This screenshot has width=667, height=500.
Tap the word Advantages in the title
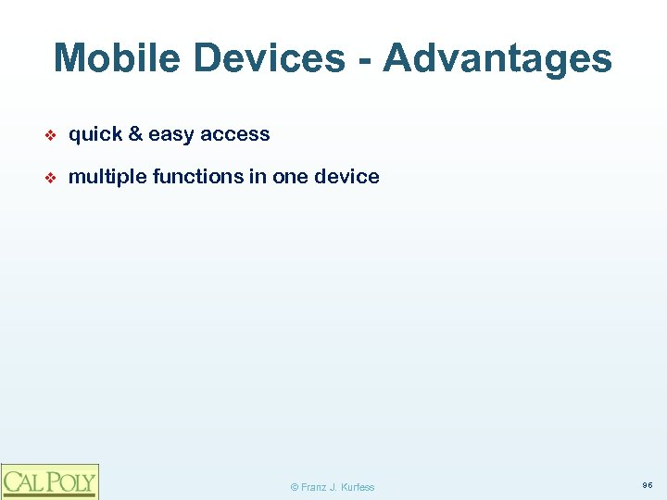(x=497, y=58)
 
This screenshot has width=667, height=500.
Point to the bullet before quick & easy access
(x=52, y=135)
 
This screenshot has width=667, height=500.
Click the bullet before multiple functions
(x=52, y=178)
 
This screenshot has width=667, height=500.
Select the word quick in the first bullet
(x=95, y=134)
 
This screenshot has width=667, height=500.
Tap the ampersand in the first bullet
(x=135, y=134)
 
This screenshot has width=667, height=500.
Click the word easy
(x=171, y=135)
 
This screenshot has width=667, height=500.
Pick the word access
(x=235, y=134)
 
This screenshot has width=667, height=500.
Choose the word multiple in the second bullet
(x=107, y=177)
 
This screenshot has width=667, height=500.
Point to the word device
(x=349, y=177)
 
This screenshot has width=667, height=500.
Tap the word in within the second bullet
(x=257, y=177)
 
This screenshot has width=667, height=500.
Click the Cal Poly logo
(x=49, y=481)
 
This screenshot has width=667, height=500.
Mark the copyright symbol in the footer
(x=295, y=487)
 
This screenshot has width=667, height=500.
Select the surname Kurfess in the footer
(x=358, y=487)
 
